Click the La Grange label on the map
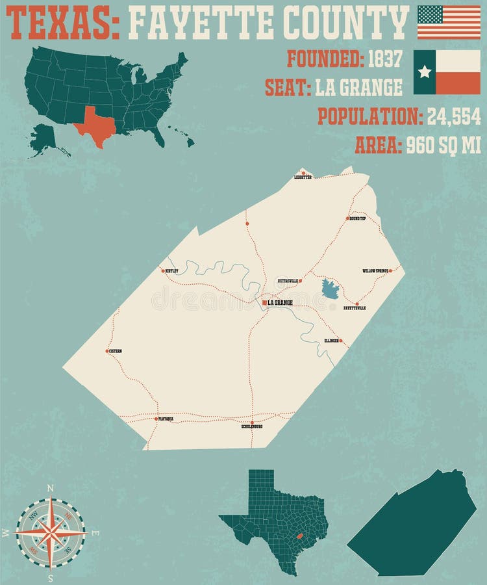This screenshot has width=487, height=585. click(x=280, y=303)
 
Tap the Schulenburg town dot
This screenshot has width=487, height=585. click(x=252, y=422)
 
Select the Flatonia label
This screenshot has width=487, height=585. click(x=166, y=419)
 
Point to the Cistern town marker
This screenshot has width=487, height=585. click(x=107, y=351)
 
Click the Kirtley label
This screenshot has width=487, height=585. click(x=171, y=270)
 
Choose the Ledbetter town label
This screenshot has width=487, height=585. click(x=303, y=177)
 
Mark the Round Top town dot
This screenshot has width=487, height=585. click(x=347, y=218)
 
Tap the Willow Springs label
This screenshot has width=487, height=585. click(x=375, y=270)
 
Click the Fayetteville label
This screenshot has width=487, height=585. click(x=355, y=307)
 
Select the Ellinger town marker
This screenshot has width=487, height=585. click(x=341, y=340)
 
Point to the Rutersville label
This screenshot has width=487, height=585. click(x=288, y=281)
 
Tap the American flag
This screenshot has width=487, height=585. click(x=449, y=22)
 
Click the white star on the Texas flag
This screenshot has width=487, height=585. click(x=425, y=71)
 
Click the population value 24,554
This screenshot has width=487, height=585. click(x=454, y=116)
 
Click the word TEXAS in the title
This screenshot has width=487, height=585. click(x=62, y=22)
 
